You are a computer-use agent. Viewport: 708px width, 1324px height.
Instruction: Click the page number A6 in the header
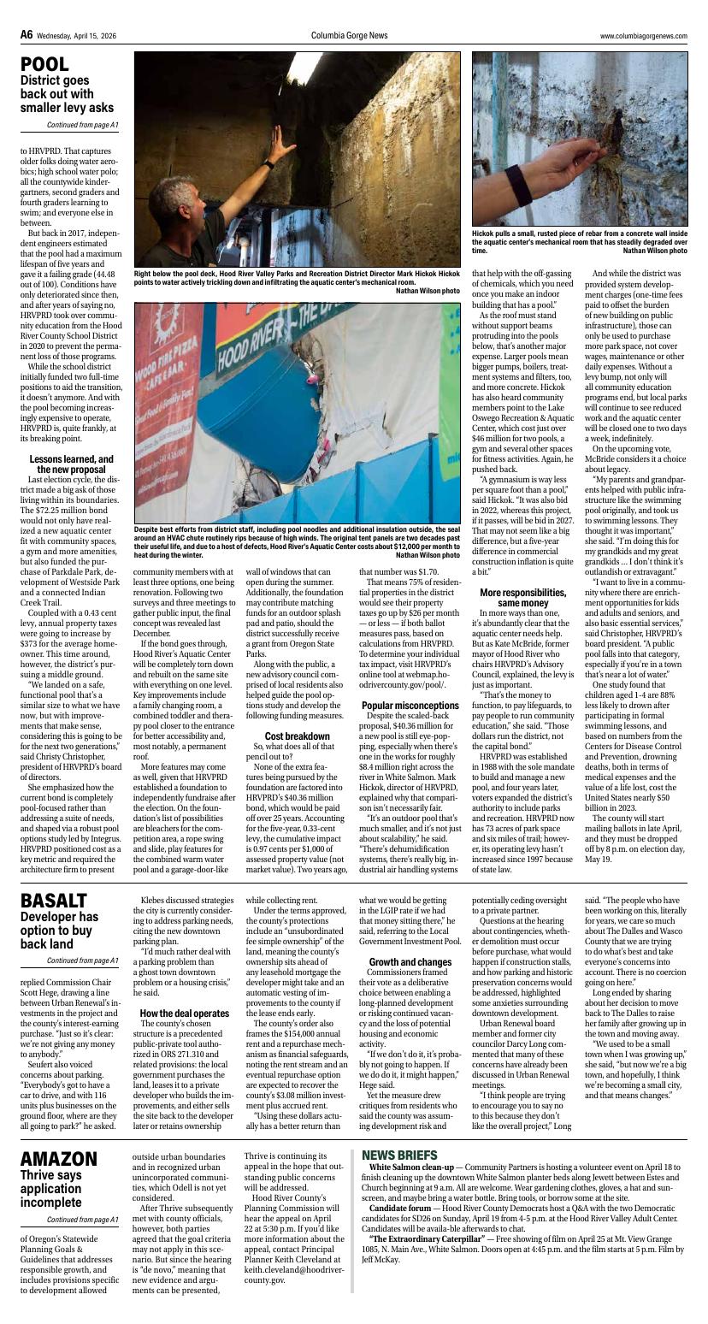(x=27, y=35)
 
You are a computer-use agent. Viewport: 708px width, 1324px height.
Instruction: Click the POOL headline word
(x=44, y=65)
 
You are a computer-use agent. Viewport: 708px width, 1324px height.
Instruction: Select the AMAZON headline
(x=59, y=1158)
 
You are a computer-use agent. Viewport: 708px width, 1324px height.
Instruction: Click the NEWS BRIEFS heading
(x=399, y=1155)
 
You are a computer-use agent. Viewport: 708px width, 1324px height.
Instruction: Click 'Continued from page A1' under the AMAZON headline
(x=82, y=1219)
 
